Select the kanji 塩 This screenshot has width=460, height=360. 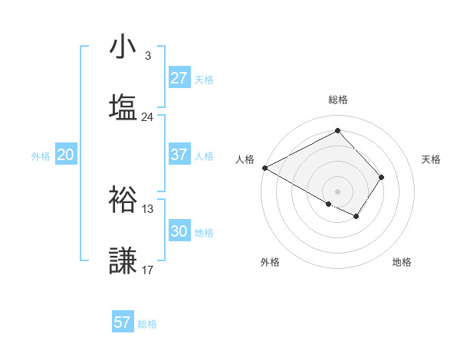click(123, 107)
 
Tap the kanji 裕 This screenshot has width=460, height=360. click(123, 199)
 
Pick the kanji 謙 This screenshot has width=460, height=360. click(123, 260)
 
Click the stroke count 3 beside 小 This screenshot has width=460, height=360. click(147, 56)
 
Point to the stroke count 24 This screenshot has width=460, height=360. click(147, 117)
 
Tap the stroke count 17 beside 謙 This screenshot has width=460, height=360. click(147, 270)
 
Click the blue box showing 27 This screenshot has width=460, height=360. click(179, 78)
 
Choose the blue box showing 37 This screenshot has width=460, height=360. click(179, 155)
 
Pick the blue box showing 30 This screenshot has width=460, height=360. click(179, 231)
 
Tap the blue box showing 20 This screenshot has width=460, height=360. click(65, 155)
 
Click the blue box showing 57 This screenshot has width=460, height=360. click(123, 322)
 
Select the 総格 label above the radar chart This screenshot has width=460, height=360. click(338, 100)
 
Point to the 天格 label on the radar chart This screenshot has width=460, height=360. click(432, 159)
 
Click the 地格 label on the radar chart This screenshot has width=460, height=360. click(402, 262)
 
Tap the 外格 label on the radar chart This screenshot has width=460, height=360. click(270, 262)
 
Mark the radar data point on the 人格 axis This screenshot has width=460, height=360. click(264, 167)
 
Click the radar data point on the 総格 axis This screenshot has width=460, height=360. click(337, 131)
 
